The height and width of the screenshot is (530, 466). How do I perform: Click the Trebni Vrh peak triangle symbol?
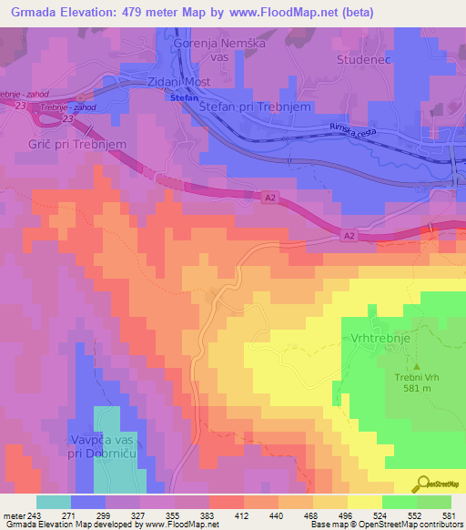tap(417, 366)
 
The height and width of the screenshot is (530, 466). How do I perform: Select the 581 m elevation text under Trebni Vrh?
tap(417, 386)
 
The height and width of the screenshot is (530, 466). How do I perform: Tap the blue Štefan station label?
tap(183, 97)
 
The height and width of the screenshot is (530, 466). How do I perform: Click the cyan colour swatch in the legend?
tap(54, 502)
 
